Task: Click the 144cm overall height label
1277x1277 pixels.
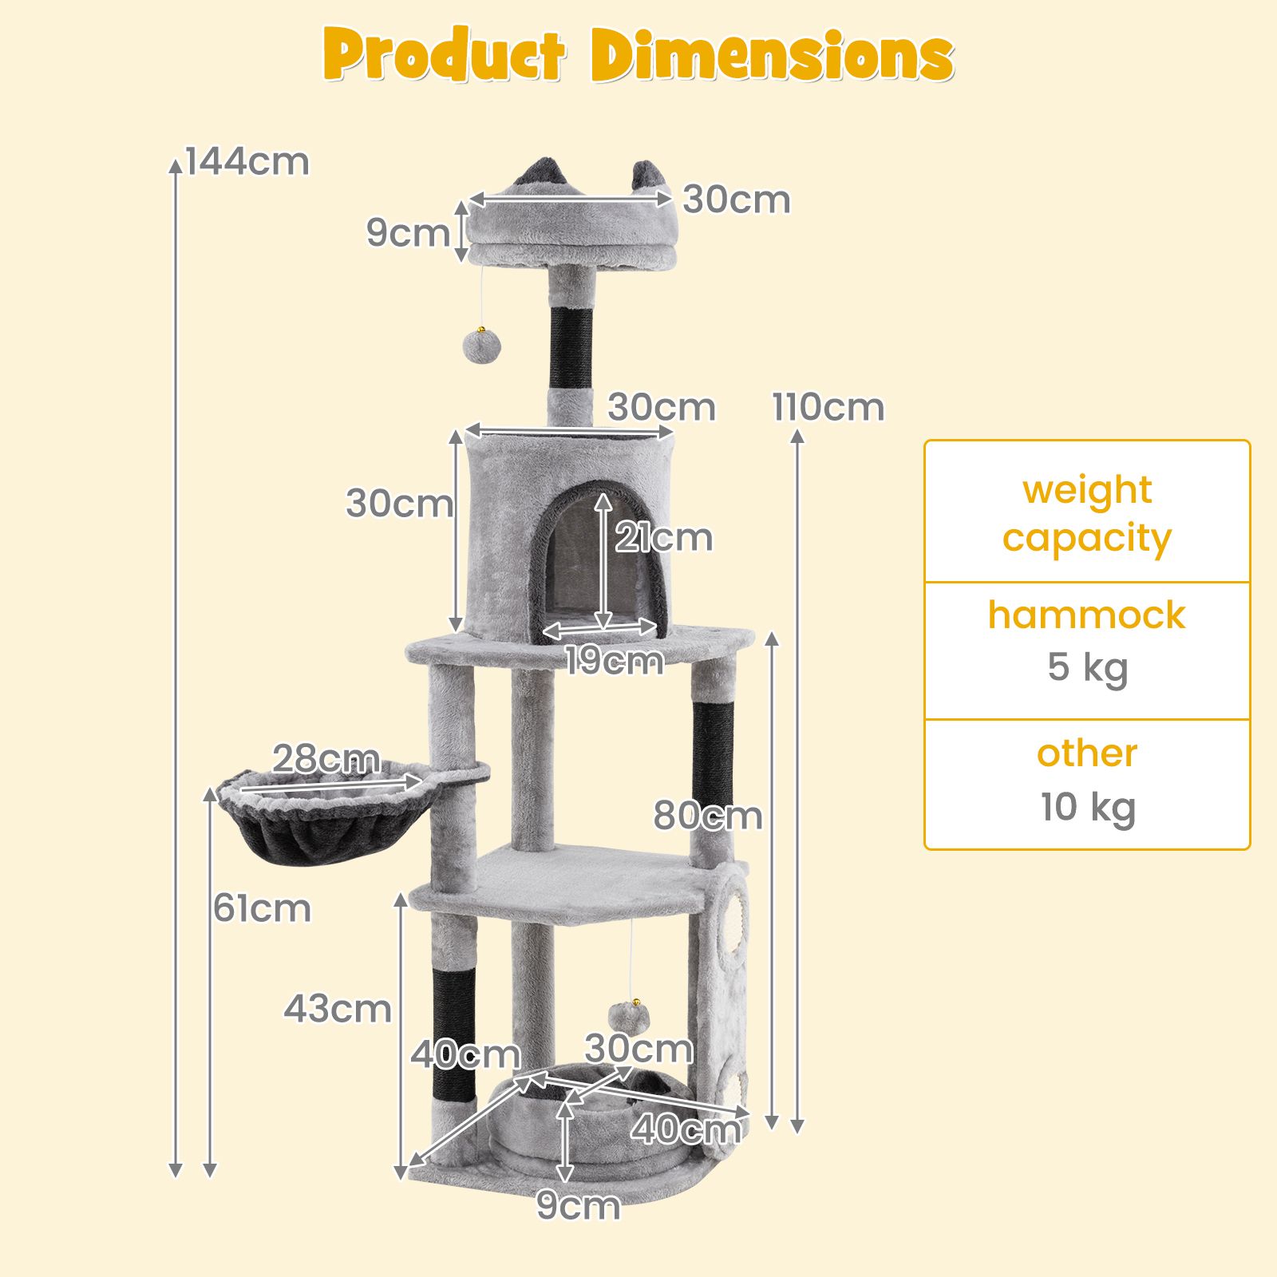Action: pyautogui.click(x=247, y=161)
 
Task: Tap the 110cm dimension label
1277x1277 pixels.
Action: pyautogui.click(x=828, y=407)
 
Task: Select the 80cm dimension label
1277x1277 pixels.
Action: pyautogui.click(x=708, y=816)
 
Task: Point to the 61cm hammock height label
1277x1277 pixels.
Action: pyautogui.click(x=262, y=908)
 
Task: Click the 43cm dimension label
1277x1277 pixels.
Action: pyautogui.click(x=338, y=1009)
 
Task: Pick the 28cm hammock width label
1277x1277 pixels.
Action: pyautogui.click(x=326, y=758)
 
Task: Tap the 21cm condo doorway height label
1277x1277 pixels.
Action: pyautogui.click(x=663, y=538)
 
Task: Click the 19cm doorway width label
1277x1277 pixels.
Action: pyautogui.click(x=613, y=661)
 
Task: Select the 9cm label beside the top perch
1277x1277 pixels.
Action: pyautogui.click(x=408, y=232)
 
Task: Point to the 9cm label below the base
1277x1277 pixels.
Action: pyautogui.click(x=578, y=1205)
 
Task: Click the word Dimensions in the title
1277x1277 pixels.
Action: pyautogui.click(x=773, y=56)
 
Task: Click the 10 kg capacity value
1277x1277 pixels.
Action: pyautogui.click(x=1087, y=807)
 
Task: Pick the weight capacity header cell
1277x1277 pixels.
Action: pyautogui.click(x=1087, y=512)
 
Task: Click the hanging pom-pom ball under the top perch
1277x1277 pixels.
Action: pyautogui.click(x=481, y=346)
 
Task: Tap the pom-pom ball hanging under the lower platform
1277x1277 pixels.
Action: pyautogui.click(x=628, y=1017)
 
